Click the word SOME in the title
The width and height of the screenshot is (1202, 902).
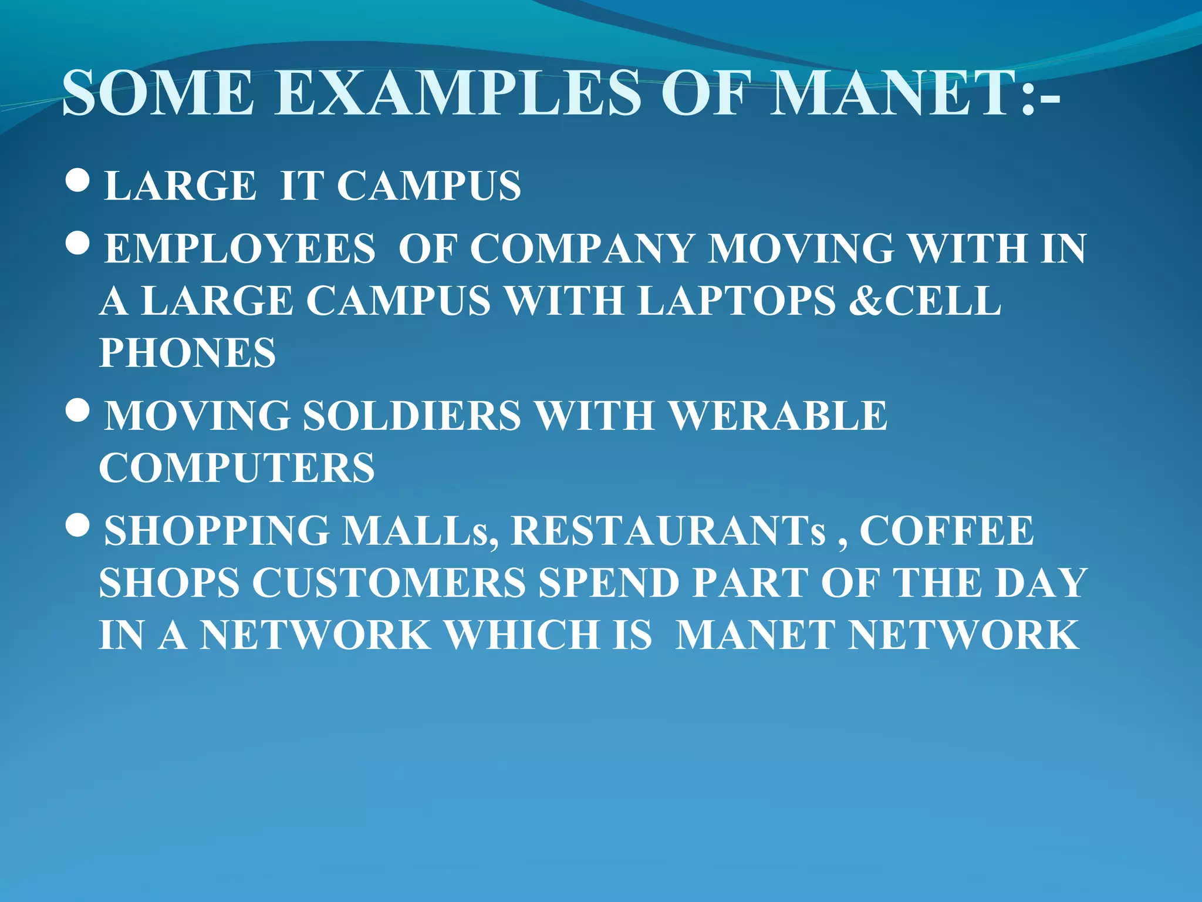point(158,93)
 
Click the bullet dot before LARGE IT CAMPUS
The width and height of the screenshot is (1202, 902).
point(77,182)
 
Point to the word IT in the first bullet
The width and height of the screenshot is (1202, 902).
point(302,186)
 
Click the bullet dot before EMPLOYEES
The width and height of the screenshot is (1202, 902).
point(77,244)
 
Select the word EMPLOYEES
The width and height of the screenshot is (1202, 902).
point(239,248)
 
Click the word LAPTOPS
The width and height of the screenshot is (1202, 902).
point(737,301)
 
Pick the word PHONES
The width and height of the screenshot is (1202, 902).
point(187,353)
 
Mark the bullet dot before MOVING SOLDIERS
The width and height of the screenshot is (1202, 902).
point(77,410)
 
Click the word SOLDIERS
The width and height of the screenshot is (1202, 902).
point(411,416)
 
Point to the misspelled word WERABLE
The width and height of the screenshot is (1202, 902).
point(778,416)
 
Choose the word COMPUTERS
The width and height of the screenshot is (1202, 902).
point(237,468)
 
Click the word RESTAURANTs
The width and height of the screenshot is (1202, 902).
point(668,531)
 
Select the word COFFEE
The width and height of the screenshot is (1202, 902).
point(947,531)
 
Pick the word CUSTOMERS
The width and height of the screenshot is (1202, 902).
point(389,583)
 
